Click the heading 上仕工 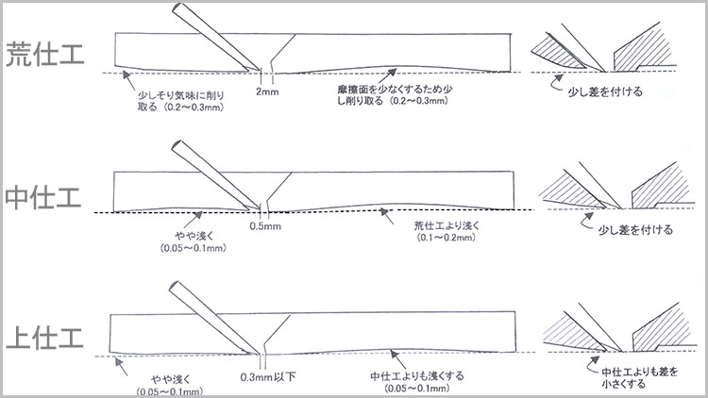(x=46, y=337)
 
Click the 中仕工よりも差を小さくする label (x=636, y=377)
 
